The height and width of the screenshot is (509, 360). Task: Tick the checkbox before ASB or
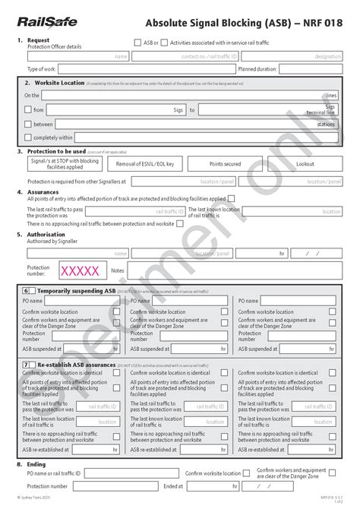[x=137, y=43]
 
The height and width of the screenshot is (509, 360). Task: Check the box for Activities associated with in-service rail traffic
[x=165, y=43]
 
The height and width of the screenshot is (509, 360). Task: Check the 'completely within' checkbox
[x=28, y=138]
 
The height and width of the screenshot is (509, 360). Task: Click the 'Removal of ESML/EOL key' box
[x=150, y=164]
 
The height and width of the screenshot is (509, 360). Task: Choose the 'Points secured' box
[x=226, y=164]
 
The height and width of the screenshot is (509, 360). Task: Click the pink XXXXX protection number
[x=80, y=270]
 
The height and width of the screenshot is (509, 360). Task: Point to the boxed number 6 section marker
[x=27, y=291]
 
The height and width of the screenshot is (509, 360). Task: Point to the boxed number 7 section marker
[x=27, y=365]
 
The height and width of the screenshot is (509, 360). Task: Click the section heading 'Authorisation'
[x=46, y=234]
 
